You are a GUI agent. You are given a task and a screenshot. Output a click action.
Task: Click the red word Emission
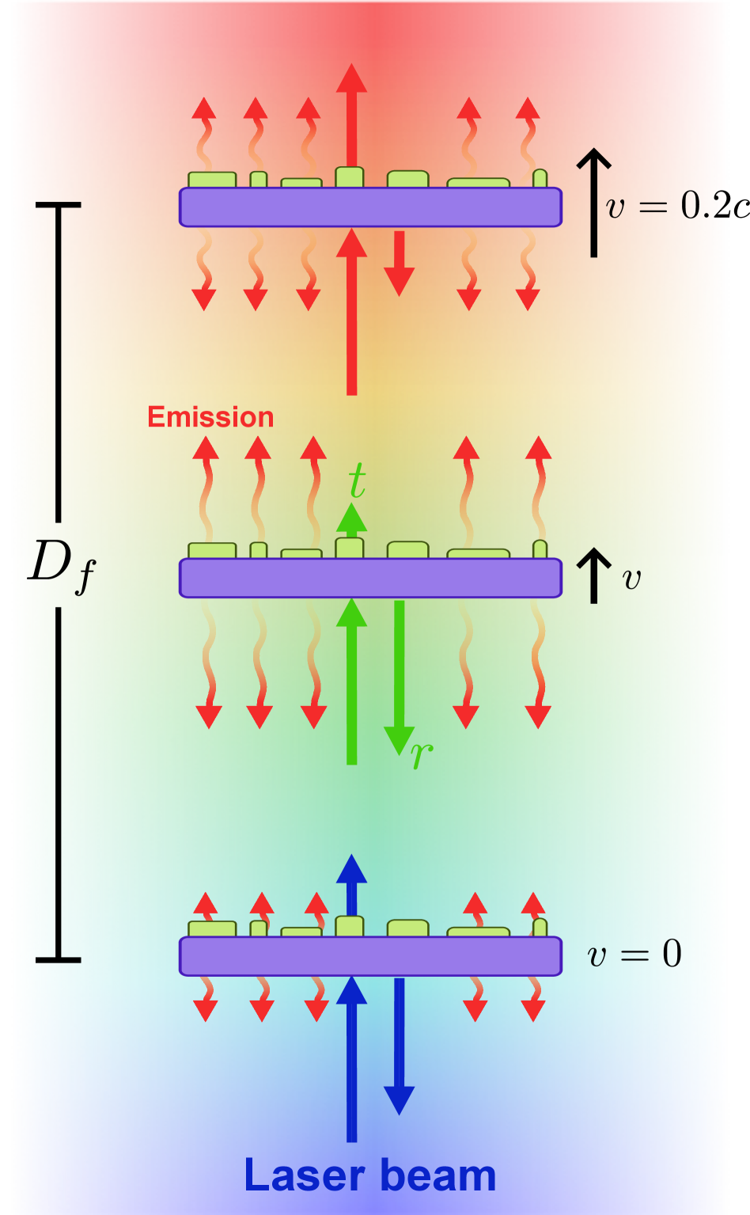tap(210, 417)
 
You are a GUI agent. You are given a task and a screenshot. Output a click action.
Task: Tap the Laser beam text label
tap(369, 1175)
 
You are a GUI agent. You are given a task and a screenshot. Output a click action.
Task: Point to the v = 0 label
tap(634, 954)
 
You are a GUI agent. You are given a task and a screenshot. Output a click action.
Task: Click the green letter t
tap(358, 479)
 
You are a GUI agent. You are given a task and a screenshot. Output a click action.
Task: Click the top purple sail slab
tap(370, 207)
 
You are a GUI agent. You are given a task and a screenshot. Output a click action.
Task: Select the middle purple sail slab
tap(370, 578)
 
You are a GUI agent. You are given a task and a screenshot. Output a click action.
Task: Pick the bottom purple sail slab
tap(370, 956)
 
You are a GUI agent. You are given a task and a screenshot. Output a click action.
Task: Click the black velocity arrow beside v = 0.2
tap(593, 203)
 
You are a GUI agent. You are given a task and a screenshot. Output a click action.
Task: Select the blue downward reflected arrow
tap(400, 1045)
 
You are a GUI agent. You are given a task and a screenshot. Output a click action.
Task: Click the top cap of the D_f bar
tap(59, 206)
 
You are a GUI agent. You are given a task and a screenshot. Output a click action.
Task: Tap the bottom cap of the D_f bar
tap(59, 960)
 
